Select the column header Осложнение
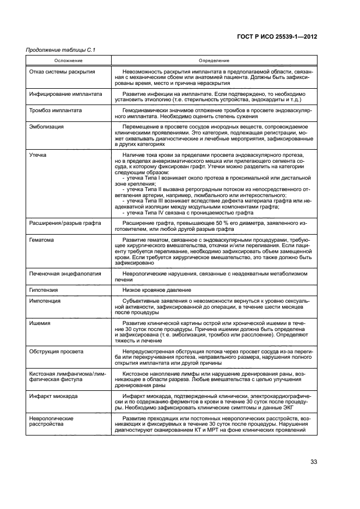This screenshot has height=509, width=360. click(68, 61)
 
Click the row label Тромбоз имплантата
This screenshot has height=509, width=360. click(56, 110)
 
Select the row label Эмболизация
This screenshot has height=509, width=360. click(47, 126)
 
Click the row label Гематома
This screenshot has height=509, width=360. click(41, 240)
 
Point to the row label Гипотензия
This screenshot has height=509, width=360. click(44, 290)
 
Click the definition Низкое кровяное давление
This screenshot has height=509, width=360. click(155, 290)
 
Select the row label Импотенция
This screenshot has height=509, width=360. click(45, 301)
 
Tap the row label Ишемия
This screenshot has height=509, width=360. click(39, 323)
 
